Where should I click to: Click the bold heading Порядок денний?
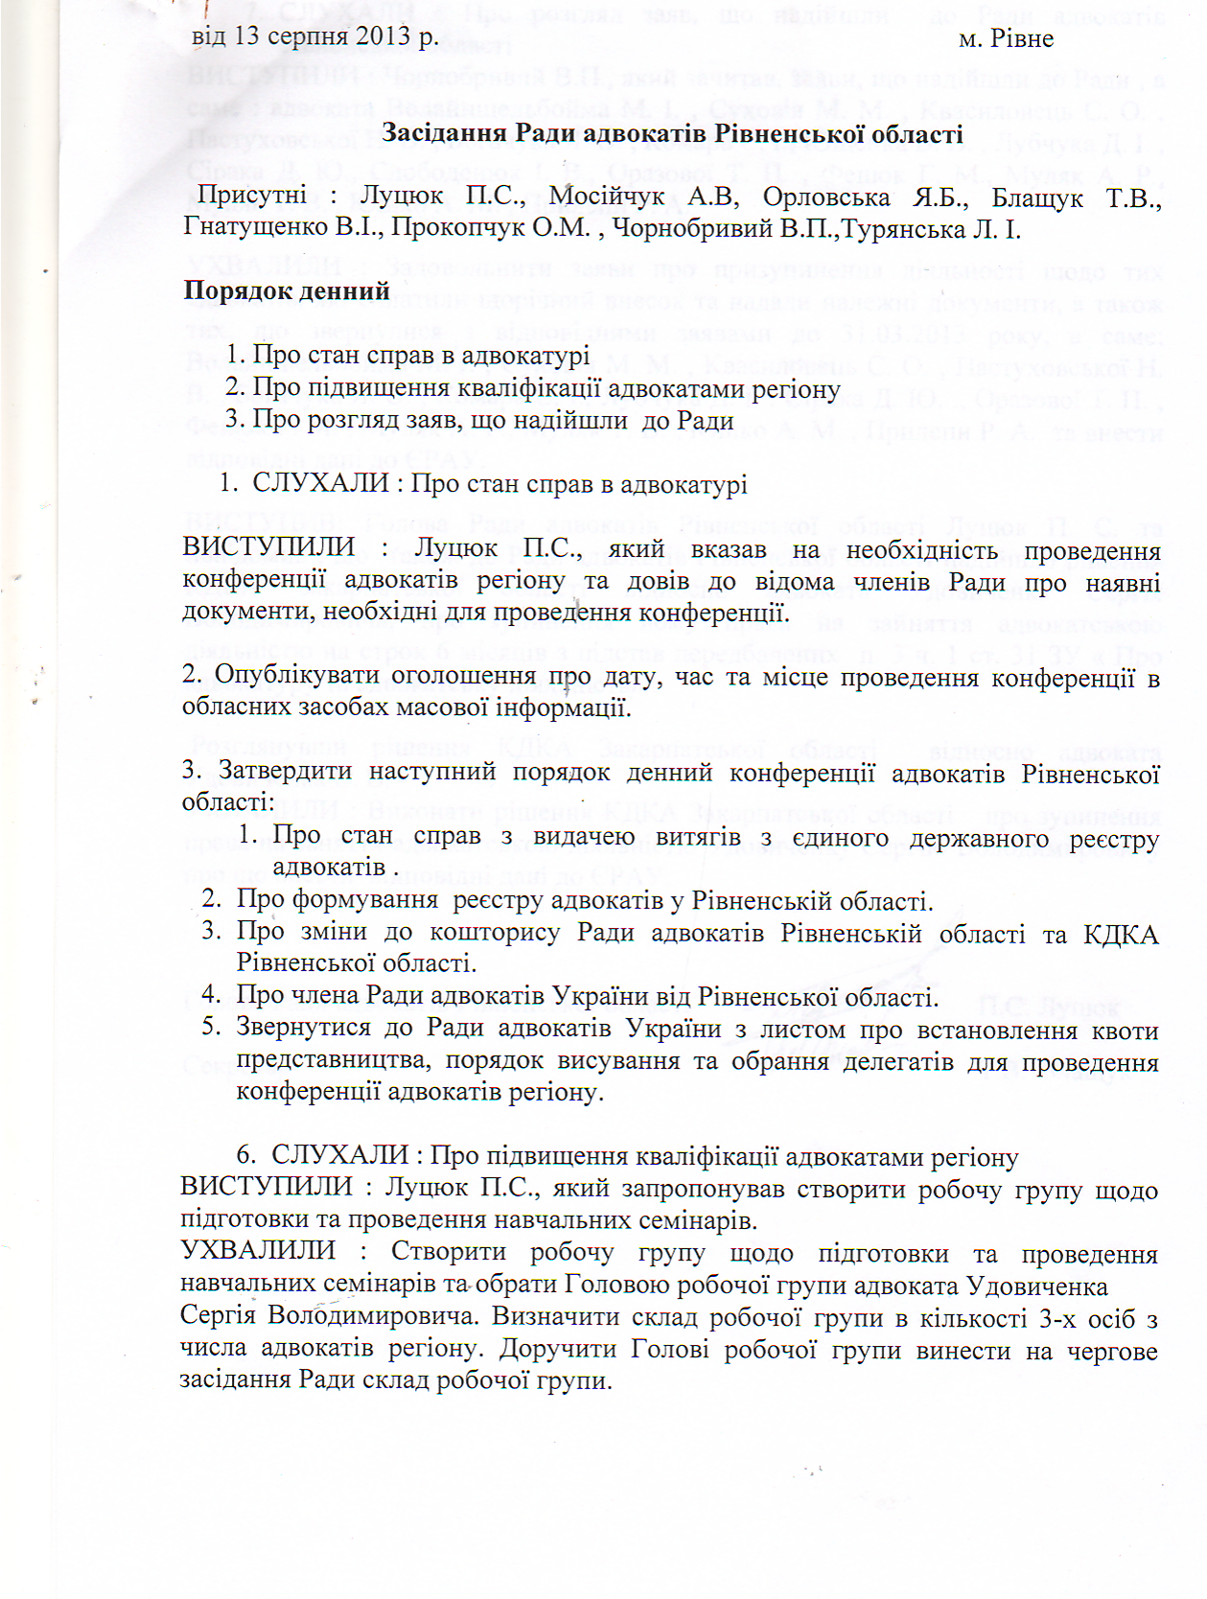(x=287, y=290)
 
